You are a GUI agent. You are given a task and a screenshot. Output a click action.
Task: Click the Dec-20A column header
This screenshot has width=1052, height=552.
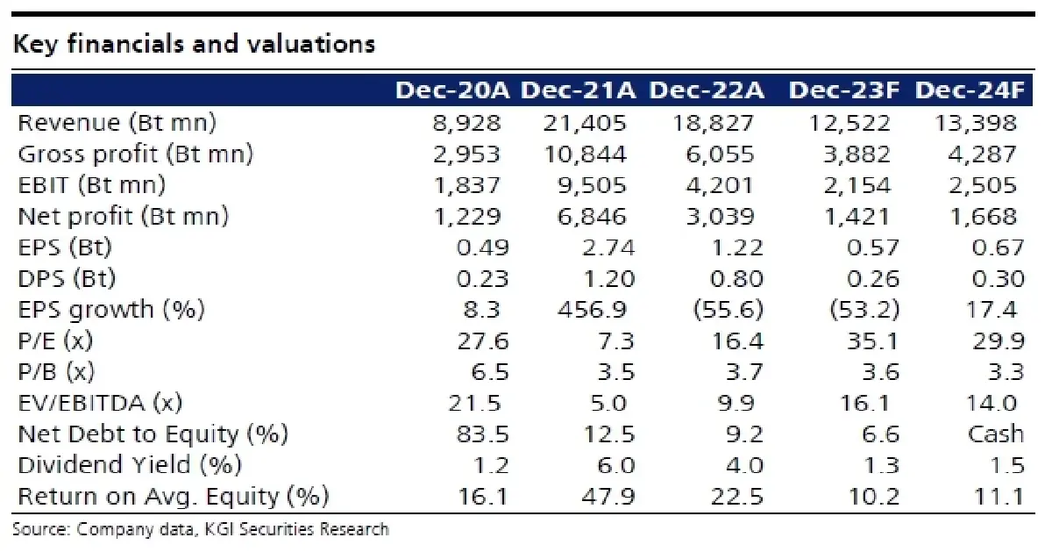click(x=452, y=90)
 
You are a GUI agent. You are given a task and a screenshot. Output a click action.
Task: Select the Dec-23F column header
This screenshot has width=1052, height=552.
click(x=844, y=90)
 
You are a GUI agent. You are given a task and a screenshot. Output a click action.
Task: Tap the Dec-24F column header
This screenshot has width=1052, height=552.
click(x=970, y=90)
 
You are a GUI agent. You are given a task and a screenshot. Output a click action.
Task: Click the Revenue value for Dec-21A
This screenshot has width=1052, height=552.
click(x=585, y=123)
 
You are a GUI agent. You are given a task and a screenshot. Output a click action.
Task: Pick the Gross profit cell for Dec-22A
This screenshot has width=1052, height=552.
click(x=720, y=154)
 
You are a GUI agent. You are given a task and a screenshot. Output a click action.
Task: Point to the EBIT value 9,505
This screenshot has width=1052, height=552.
click(x=592, y=185)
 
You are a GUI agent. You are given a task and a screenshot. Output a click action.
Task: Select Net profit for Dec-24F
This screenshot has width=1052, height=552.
click(x=984, y=217)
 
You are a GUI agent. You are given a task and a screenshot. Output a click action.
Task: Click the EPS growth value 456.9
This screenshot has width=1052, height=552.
click(x=592, y=310)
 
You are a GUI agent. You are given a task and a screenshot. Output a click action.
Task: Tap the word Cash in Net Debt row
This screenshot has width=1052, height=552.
click(x=996, y=434)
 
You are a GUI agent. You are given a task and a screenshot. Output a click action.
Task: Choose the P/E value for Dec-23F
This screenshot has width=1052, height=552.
click(x=872, y=341)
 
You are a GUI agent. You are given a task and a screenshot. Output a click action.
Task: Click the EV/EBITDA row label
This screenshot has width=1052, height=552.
click(x=100, y=404)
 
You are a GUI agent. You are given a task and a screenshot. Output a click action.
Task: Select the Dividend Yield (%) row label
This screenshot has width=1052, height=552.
click(x=130, y=465)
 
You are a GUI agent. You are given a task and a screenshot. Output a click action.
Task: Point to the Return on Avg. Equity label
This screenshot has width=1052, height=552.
click(x=174, y=497)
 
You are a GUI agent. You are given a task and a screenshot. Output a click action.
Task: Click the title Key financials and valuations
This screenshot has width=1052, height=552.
click(x=194, y=44)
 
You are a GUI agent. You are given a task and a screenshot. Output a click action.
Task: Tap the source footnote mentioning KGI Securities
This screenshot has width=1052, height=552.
click(x=201, y=529)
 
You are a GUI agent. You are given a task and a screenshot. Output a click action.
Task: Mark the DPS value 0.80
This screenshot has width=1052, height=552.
click(x=736, y=279)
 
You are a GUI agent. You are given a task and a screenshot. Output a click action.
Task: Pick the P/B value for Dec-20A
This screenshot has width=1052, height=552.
click(x=490, y=372)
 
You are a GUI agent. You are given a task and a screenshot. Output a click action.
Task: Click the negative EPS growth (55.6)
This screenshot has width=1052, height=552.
click(x=729, y=310)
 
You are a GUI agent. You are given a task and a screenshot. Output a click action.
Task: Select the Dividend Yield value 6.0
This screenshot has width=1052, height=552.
click(x=616, y=465)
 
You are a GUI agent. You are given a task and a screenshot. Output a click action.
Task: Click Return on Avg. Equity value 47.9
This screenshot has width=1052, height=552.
click(x=608, y=497)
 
